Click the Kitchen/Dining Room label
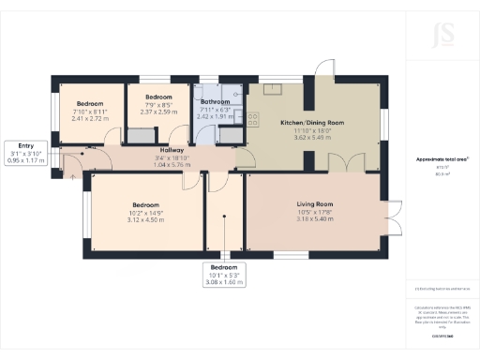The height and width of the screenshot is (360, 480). (313, 123)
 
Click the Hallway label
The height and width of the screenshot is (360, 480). (171, 150)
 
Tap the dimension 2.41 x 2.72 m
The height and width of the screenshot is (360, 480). (91, 118)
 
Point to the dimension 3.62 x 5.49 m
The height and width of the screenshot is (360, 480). (313, 138)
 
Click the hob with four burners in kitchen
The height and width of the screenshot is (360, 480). (252, 119)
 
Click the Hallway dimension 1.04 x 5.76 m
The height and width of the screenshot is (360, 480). (171, 165)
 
